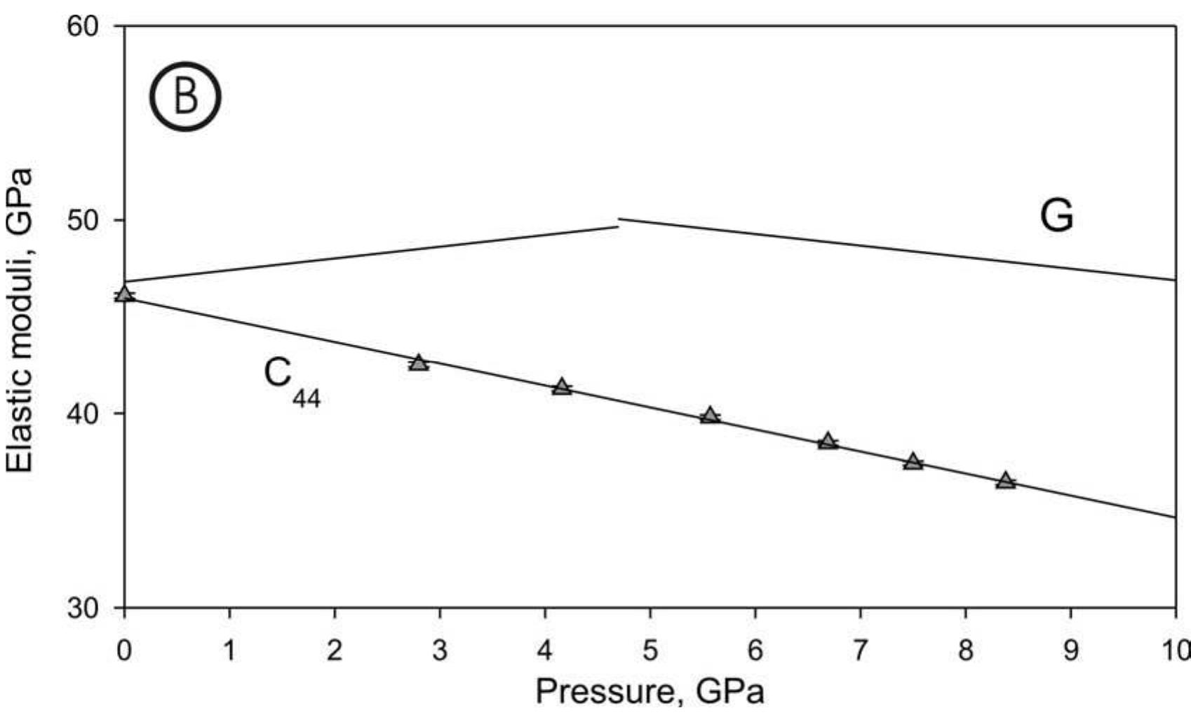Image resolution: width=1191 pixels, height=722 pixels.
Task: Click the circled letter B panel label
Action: click(x=185, y=97)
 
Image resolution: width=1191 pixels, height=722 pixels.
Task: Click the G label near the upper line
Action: click(x=1056, y=215)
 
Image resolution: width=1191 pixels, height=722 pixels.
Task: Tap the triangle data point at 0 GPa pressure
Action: click(x=125, y=294)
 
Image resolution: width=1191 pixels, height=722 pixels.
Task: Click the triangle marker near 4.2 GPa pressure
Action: click(x=561, y=387)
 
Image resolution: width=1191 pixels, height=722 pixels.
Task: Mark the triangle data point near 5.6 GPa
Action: click(x=710, y=416)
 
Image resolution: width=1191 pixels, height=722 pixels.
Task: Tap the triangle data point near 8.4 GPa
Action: click(x=1006, y=481)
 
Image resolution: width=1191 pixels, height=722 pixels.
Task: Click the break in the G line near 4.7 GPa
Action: click(x=618, y=223)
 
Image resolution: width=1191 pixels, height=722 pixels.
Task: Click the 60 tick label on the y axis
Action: click(x=83, y=26)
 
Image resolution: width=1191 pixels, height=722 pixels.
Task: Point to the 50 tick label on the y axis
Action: click(x=83, y=220)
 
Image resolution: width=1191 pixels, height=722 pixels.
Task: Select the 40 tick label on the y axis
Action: click(x=83, y=414)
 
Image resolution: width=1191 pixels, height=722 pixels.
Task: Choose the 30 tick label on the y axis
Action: click(x=83, y=608)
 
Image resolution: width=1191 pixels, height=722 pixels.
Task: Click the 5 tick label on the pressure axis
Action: click(x=650, y=650)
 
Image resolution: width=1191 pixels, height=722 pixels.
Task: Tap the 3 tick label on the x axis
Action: click(x=440, y=650)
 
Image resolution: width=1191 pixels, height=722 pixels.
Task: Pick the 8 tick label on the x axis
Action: click(x=965, y=650)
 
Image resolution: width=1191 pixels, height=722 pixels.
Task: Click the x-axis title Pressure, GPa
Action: click(x=650, y=693)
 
